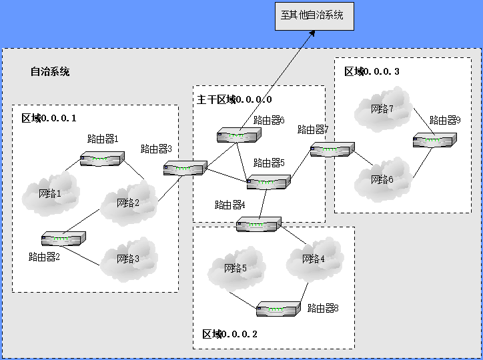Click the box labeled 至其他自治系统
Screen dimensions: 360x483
[x=314, y=15]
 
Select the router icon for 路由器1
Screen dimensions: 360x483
[x=102, y=159]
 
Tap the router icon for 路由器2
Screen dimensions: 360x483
[x=63, y=238]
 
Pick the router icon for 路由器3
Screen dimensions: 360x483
[x=185, y=169]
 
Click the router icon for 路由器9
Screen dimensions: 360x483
[x=435, y=140]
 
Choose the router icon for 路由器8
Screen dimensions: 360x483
[x=279, y=309]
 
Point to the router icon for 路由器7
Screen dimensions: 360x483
[x=332, y=149]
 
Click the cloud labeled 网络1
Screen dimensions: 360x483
[x=49, y=193]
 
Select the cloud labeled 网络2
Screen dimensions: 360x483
[x=128, y=202]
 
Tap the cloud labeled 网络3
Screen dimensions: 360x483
[x=129, y=257]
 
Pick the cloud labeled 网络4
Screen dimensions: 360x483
[x=314, y=259]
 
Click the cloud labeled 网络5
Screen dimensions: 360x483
[x=235, y=269]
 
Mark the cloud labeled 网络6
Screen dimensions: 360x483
[x=382, y=179]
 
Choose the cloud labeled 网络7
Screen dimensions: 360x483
[x=382, y=109]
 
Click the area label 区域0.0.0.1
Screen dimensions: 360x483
[x=49, y=119]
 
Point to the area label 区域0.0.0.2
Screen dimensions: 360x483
[x=229, y=334]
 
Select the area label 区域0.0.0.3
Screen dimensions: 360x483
[x=372, y=71]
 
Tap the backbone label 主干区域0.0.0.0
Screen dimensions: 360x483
[x=234, y=99]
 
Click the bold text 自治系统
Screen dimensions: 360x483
[x=49, y=72]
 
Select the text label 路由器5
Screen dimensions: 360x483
[x=269, y=163]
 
